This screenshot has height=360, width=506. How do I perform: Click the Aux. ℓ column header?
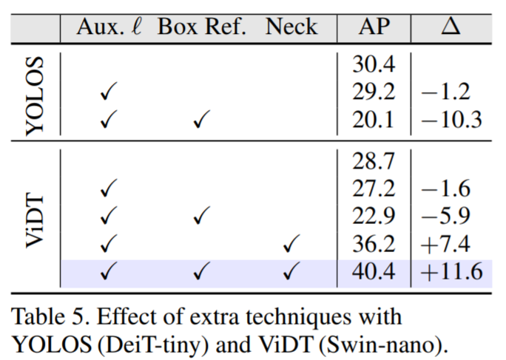[109, 27]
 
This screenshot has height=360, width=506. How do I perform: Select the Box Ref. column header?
[200, 27]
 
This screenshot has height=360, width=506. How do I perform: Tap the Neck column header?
[291, 27]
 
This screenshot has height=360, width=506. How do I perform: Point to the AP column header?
[374, 27]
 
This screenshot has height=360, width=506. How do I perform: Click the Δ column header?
[449, 27]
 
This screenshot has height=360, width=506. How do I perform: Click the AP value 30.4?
[374, 65]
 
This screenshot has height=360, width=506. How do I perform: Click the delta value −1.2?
[446, 92]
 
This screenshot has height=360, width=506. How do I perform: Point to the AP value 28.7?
[374, 160]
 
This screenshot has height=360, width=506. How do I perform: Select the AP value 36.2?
[374, 244]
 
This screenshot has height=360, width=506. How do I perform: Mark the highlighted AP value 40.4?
[374, 272]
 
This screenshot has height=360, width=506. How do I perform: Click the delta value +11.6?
[451, 272]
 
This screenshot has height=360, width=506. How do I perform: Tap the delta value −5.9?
[446, 216]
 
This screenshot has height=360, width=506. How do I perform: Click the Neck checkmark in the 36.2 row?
[291, 245]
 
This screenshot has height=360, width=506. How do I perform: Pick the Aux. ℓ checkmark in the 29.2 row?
[109, 93]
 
